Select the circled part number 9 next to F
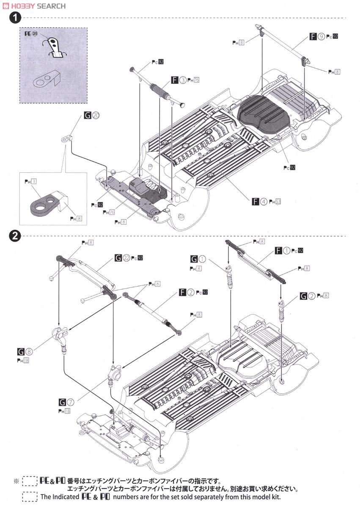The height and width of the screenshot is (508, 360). (321, 37)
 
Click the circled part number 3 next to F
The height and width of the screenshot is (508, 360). (182, 79)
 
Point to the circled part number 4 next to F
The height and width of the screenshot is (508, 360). (264, 202)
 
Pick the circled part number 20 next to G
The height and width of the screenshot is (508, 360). (96, 115)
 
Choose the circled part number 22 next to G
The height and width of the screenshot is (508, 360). (126, 257)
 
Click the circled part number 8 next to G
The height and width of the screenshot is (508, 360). (29, 351)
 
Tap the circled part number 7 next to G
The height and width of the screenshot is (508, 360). (71, 401)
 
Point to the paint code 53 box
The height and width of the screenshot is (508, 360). (278, 202)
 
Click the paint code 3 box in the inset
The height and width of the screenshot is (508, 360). (34, 182)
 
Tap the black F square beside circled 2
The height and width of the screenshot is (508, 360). (183, 292)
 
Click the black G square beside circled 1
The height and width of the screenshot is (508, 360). (194, 259)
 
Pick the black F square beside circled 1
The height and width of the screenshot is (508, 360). (278, 251)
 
